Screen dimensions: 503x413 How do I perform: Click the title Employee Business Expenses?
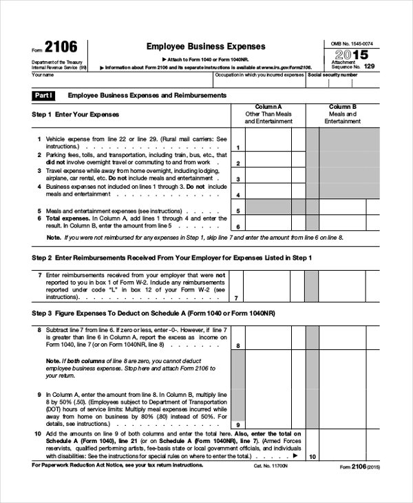tap(205, 46)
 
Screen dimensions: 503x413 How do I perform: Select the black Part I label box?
tap(45, 94)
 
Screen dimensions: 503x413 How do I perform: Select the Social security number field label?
tap(332, 74)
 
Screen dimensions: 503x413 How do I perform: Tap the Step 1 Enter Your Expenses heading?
tap(76, 114)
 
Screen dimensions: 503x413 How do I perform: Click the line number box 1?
tap(237, 147)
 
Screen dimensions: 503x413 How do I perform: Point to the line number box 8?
tap(237, 345)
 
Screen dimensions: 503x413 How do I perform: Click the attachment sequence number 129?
tap(369, 66)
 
